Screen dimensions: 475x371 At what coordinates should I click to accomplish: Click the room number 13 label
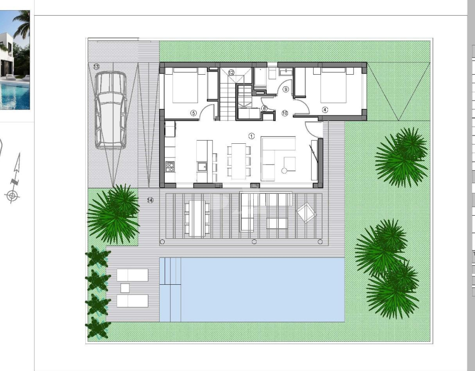(96, 67)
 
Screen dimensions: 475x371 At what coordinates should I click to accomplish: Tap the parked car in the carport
(111, 110)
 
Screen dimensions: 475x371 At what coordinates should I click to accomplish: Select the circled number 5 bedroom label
(193, 113)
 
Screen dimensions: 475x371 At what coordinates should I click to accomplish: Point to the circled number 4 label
(325, 109)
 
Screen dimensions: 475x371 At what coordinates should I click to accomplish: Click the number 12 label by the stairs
(231, 73)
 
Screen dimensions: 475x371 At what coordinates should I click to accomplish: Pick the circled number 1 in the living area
(251, 136)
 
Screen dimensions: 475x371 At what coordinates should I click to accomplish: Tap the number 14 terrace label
(150, 200)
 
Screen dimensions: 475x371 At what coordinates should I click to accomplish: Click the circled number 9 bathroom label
(286, 90)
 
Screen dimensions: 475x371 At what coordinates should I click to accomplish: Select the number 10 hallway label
(285, 113)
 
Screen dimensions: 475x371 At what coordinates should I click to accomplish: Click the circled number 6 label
(264, 109)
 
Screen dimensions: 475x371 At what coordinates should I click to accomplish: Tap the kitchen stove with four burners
(170, 166)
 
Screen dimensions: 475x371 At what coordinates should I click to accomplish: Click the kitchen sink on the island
(202, 166)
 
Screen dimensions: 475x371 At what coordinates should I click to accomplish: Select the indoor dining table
(239, 160)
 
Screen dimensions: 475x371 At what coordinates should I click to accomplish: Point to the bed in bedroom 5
(185, 85)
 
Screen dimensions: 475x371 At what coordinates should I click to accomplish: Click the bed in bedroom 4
(333, 85)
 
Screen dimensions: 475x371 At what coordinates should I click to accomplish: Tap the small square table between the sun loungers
(125, 288)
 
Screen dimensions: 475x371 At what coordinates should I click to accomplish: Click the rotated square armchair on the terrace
(307, 212)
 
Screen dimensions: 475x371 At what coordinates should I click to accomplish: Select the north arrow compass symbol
(13, 179)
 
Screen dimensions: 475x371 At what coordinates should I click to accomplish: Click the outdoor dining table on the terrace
(197, 218)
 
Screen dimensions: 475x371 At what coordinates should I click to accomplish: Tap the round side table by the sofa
(284, 171)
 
